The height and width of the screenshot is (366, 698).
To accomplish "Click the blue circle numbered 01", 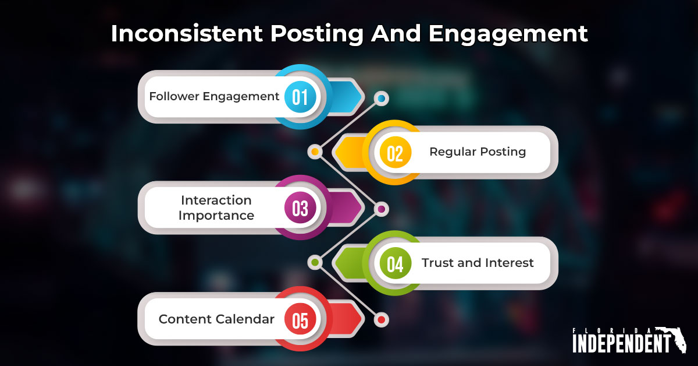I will coord(300,97).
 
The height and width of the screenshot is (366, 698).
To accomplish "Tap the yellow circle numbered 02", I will coord(395,153).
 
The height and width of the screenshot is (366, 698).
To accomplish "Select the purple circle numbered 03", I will coord(300,208).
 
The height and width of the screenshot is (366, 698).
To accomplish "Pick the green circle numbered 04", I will coord(395,263).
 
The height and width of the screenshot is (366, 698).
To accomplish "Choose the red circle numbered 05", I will coord(300,319).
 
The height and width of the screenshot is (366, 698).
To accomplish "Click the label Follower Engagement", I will coord(214,96).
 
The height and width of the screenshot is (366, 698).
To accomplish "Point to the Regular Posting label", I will coord(478,152).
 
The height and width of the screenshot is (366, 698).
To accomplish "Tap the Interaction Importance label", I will coord(216,208).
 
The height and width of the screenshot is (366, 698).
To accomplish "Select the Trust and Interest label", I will coord(478,263).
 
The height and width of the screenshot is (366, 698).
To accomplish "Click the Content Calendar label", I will coord(216,319).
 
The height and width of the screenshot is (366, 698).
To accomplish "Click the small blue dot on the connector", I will coord(381,98).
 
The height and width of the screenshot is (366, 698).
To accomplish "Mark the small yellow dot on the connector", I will coord(315,152).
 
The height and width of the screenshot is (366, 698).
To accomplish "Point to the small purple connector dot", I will coord(381,208).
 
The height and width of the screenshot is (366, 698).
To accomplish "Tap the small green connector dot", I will coord(315,262).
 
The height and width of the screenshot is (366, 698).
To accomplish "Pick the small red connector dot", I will coord(381,319).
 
